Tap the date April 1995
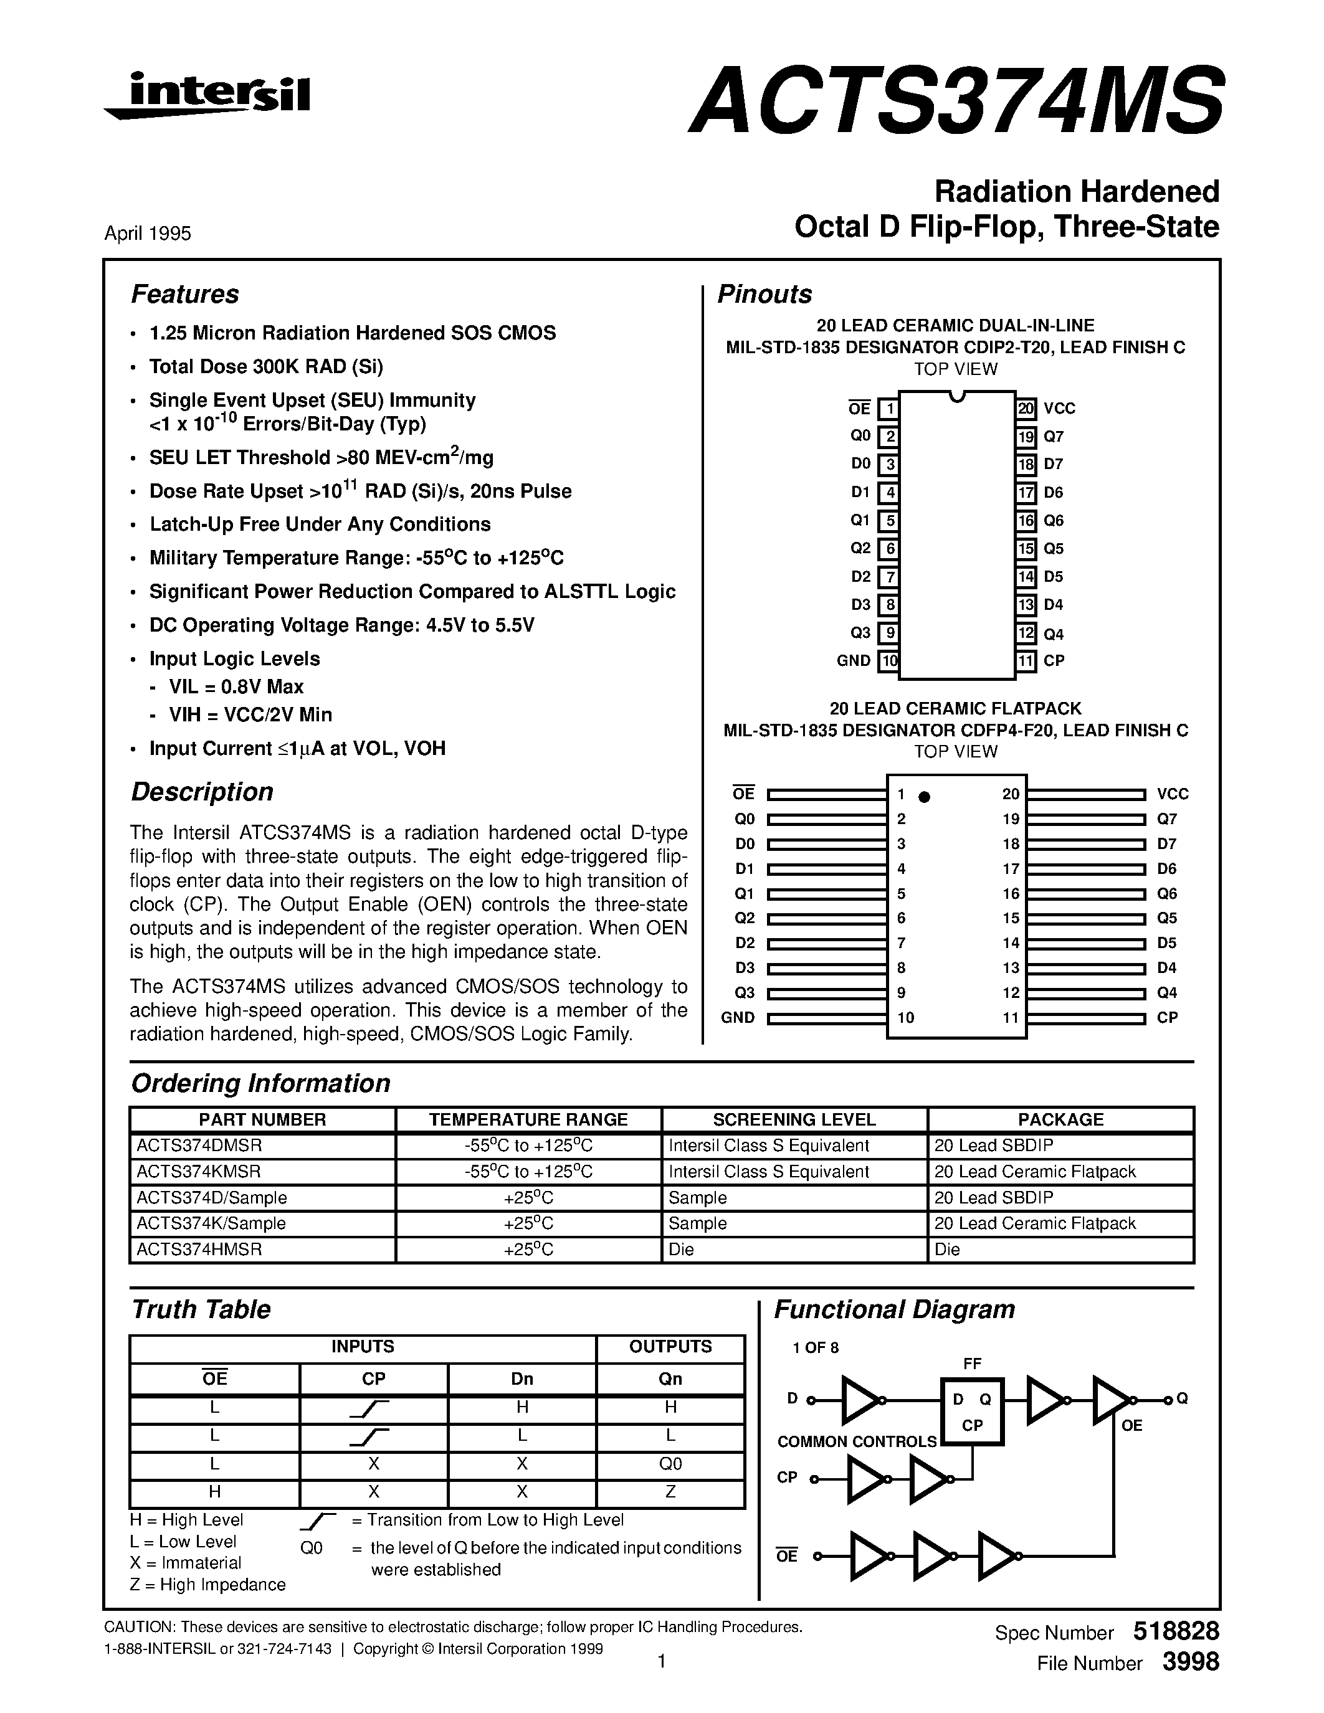point(148,234)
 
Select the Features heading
point(184,294)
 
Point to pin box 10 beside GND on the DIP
point(888,661)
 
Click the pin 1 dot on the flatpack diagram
point(924,797)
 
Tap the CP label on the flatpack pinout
point(1167,1018)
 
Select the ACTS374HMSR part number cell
point(199,1250)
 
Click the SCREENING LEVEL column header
point(794,1119)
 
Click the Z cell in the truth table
point(670,1492)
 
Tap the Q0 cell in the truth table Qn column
point(670,1464)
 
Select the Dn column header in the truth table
point(522,1379)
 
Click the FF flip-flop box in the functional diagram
point(972,1411)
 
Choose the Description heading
point(202,792)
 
